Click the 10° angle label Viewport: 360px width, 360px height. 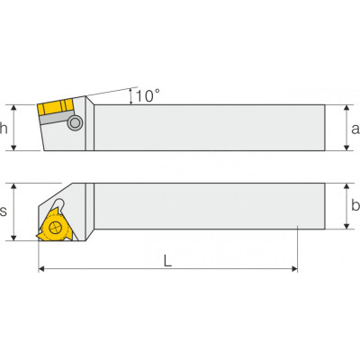pos(148,95)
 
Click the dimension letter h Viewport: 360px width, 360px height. pos(4,128)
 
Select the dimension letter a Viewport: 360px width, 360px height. pos(355,129)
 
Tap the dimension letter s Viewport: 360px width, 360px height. pos(3,211)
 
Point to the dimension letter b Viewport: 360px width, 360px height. pos(355,205)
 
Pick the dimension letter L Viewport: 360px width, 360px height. pos(167,260)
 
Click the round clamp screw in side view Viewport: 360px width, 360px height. pos(75,122)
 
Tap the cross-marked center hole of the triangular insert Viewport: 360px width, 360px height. pos(55,229)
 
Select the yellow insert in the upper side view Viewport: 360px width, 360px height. pos(56,107)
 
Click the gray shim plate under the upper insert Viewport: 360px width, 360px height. pos(57,118)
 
